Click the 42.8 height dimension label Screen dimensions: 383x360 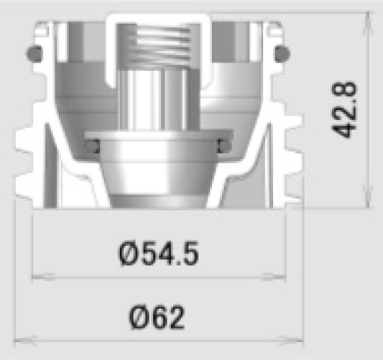[x=345, y=110]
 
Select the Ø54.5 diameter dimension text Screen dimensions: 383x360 [x=158, y=253]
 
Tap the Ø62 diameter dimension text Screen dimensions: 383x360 [x=157, y=317]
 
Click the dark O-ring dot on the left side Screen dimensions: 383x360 [x=35, y=53]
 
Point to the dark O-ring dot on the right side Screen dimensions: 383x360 [x=282, y=53]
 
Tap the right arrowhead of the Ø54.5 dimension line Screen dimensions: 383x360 [x=274, y=277]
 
